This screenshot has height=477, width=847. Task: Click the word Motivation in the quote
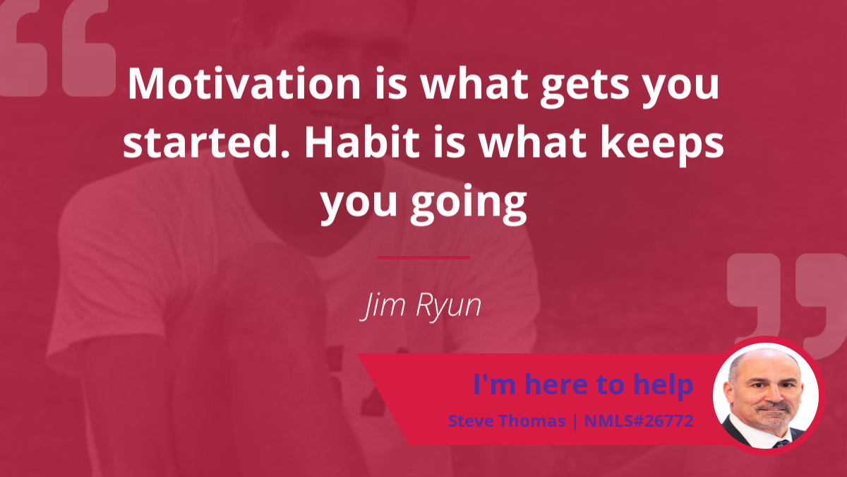point(244,83)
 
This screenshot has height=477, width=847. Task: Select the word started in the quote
point(206,142)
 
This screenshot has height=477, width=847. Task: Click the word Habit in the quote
point(362,142)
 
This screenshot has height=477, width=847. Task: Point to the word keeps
point(663,146)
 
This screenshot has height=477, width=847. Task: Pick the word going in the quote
point(469,204)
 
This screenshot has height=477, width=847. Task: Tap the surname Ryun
point(448,307)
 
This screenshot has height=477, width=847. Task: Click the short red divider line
point(423,258)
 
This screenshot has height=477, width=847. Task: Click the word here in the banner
point(558,384)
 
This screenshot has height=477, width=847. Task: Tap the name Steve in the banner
point(470,421)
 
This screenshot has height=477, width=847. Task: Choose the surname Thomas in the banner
point(531,421)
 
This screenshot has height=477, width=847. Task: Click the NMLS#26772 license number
point(639,421)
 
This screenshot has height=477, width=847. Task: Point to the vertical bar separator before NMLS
point(575,421)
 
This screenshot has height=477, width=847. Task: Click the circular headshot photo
point(766,396)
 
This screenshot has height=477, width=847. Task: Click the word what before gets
point(474,83)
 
